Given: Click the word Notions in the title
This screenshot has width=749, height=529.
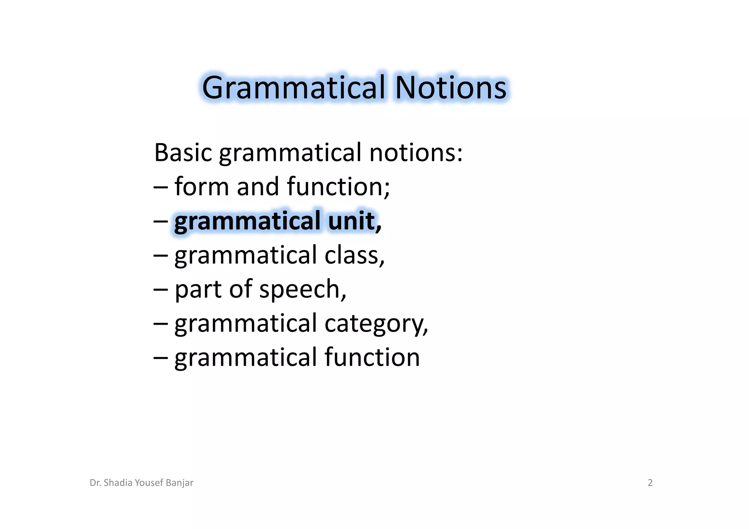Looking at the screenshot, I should (451, 88).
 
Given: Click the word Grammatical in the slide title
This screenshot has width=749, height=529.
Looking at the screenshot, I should (294, 88).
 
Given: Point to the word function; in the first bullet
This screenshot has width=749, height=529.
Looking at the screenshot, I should (338, 186).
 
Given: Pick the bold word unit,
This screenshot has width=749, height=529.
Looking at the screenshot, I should (354, 221).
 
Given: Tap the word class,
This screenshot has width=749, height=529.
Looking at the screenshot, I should (354, 255).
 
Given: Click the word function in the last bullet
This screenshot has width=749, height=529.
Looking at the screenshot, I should (372, 357).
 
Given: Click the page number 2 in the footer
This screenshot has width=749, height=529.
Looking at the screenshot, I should (650, 483).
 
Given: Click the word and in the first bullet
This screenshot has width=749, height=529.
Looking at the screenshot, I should (257, 186).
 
